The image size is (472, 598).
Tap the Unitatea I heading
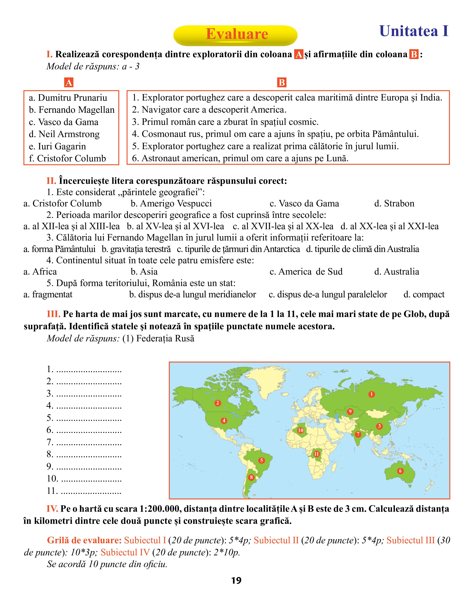[414, 31]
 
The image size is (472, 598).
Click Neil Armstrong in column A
[64, 134]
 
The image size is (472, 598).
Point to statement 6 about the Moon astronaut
[240, 158]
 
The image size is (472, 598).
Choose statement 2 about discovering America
[209, 110]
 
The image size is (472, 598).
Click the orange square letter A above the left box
[69, 83]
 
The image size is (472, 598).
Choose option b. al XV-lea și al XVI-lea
[175, 226]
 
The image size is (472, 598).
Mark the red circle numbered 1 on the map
[371, 394]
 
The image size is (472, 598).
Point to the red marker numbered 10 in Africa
[300, 430]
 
